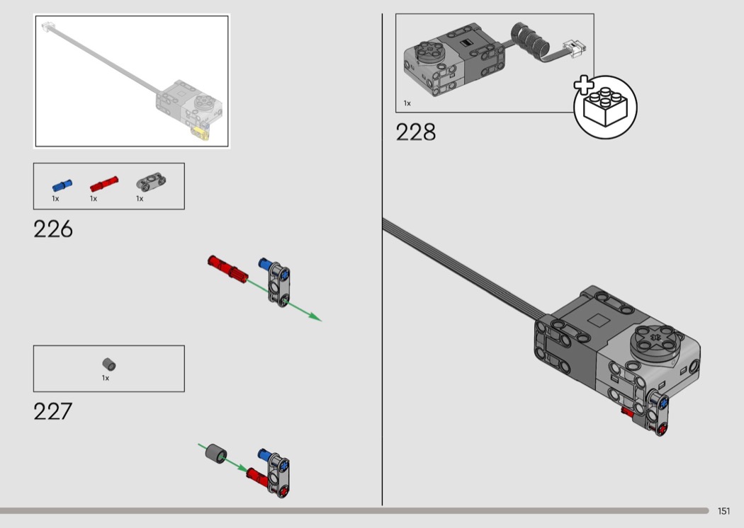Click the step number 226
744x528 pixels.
(53, 229)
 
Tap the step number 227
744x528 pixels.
(52, 411)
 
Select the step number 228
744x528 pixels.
(416, 132)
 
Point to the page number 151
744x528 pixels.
(723, 511)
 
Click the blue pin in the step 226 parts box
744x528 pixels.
(62, 185)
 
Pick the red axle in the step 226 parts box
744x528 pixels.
(104, 183)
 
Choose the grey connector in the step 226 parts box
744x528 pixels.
(152, 180)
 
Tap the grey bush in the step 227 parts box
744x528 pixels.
(109, 365)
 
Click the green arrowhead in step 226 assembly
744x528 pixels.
(315, 316)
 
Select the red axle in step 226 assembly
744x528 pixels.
(227, 269)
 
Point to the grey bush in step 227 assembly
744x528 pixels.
(216, 454)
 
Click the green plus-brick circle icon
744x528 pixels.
(605, 107)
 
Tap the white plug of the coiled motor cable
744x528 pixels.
(575, 48)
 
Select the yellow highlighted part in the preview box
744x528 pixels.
(201, 133)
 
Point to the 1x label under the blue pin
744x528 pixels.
(55, 199)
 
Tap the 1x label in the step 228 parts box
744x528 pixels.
(407, 103)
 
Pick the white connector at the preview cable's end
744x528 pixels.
(47, 26)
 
